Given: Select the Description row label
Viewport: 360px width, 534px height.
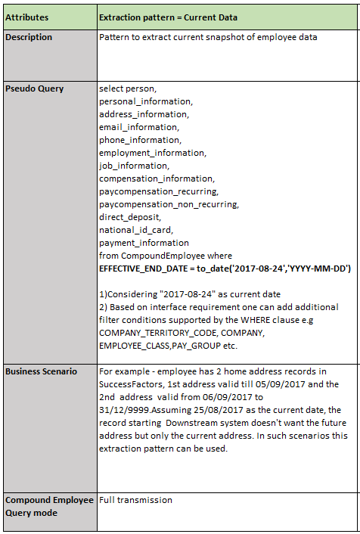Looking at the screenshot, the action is coord(29,37).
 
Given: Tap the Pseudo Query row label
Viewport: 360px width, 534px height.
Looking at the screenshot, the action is coord(35,88).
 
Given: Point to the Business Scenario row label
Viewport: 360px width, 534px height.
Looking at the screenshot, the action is coord(42,371).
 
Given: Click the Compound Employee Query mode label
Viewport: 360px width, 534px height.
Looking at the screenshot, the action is coord(48,506).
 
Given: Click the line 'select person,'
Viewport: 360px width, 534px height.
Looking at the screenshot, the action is coord(126,88).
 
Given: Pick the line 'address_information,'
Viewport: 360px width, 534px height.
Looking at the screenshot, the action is coord(144,114).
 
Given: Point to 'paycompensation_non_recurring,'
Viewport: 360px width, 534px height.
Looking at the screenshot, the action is coord(169,204).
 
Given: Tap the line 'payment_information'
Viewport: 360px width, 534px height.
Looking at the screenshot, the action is coord(144,243).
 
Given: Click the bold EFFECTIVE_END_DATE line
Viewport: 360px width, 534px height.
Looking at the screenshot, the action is coord(225,269).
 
